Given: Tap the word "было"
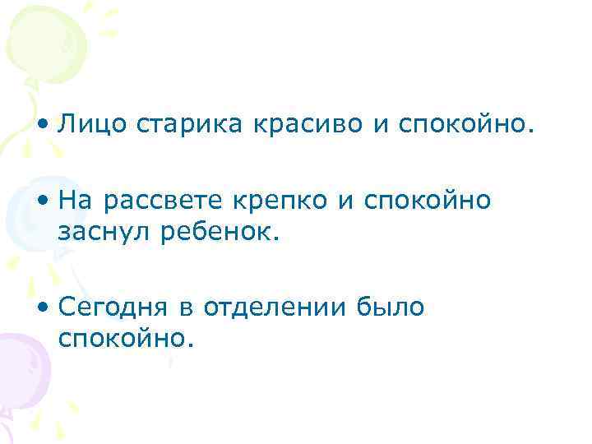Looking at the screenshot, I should click(391, 307).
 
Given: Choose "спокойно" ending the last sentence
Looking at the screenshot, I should click(126, 338).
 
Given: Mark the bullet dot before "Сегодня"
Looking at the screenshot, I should click(43, 308).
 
